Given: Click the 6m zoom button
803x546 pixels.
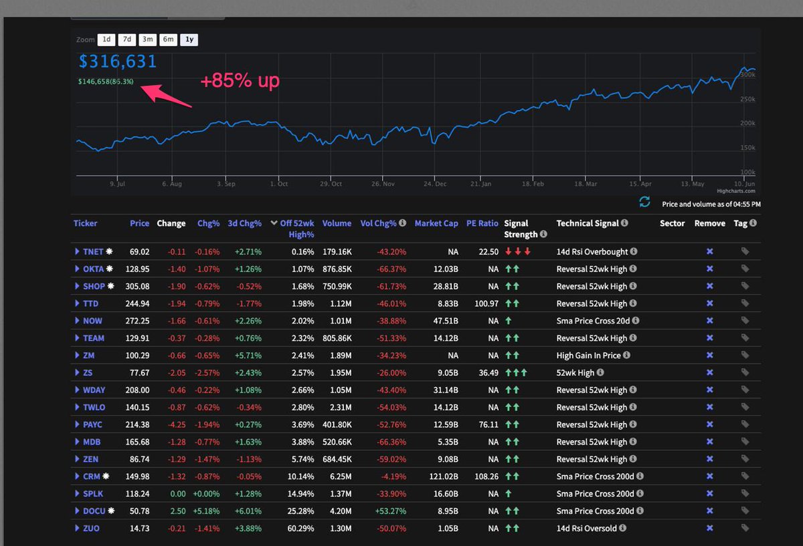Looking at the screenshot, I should point(169,39).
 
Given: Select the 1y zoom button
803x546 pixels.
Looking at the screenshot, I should point(189,39).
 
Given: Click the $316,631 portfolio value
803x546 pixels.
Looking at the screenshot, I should point(118,61).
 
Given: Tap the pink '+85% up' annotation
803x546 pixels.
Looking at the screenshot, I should point(240,81).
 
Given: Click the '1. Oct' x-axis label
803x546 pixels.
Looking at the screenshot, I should point(278,184).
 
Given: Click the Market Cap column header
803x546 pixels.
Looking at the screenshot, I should point(436,223).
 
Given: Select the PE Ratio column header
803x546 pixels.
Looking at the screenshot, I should point(482,223).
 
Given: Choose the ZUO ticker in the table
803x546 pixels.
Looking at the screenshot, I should point(92,528).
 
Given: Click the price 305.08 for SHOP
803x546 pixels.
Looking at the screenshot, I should point(139,286).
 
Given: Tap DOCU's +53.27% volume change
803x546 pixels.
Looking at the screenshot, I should point(383,511).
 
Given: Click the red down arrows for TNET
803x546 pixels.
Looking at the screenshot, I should point(518,251).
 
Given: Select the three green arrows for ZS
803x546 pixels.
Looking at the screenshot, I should point(516,372).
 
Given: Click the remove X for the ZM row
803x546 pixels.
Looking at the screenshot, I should point(709,355).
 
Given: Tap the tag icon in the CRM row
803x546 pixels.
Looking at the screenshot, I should point(745,476).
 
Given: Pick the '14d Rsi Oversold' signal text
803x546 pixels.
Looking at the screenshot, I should point(591,528).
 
